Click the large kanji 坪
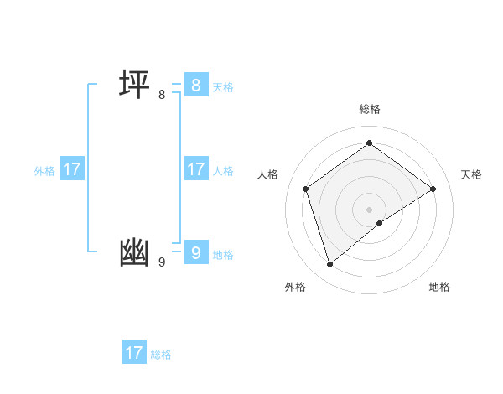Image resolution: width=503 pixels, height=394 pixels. pyautogui.click(x=134, y=85)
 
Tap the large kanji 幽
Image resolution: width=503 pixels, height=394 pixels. pyautogui.click(x=134, y=252)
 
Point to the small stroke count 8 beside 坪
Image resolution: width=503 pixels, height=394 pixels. pyautogui.click(x=162, y=95)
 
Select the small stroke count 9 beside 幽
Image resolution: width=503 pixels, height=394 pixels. pyautogui.click(x=162, y=262)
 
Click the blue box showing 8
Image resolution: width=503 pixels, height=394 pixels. pyautogui.click(x=195, y=85)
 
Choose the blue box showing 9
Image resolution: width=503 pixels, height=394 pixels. pyautogui.click(x=195, y=252)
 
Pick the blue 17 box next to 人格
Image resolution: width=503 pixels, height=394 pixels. pyautogui.click(x=195, y=169)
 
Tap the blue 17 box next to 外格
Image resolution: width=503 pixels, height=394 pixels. pyautogui.click(x=72, y=169)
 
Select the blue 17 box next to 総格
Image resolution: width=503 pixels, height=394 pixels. pyautogui.click(x=134, y=353)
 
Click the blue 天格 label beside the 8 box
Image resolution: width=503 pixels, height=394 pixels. pyautogui.click(x=223, y=87)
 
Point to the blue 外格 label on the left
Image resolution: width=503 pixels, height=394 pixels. pyautogui.click(x=44, y=171)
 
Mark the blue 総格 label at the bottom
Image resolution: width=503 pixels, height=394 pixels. pyautogui.click(x=161, y=355)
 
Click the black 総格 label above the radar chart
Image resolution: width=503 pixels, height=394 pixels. pyautogui.click(x=369, y=109)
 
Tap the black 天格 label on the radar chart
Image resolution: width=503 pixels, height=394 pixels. pyautogui.click(x=471, y=174)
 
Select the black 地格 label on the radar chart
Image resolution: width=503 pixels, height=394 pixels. pyautogui.click(x=439, y=287)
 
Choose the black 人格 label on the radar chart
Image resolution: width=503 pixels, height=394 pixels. pyautogui.click(x=268, y=174)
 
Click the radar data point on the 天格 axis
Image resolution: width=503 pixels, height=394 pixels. pyautogui.click(x=433, y=189)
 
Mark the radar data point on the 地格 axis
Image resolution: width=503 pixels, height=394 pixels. pyautogui.click(x=380, y=223)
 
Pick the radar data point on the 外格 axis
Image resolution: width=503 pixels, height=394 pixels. pyautogui.click(x=329, y=265)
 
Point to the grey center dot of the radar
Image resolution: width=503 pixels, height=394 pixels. pyautogui.click(x=369, y=209)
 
